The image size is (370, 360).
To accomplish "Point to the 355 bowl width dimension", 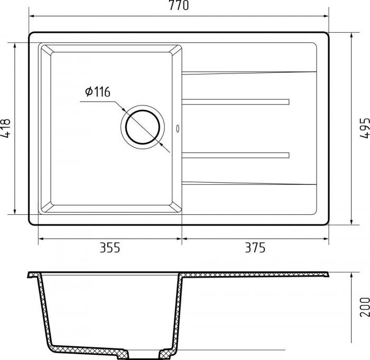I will pyautogui.click(x=110, y=247).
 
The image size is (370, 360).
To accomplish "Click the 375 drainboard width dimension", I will pyautogui.click(x=254, y=247).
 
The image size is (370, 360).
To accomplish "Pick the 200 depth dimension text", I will pyautogui.click(x=364, y=307).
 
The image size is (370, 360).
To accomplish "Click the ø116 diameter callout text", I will pyautogui.click(x=97, y=92).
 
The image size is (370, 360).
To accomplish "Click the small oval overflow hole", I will pyautogui.click(x=178, y=128).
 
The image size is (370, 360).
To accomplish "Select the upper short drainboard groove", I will pyautogui.click(x=236, y=101).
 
